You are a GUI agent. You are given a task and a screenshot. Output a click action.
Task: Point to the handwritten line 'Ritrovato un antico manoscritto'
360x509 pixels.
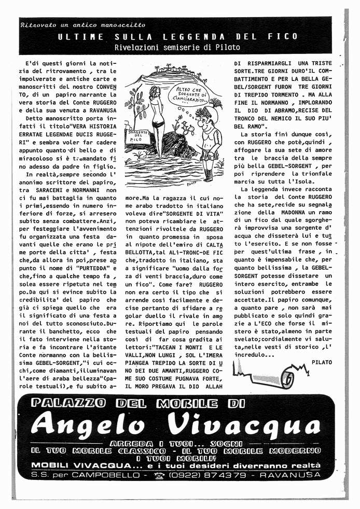pos(83,24)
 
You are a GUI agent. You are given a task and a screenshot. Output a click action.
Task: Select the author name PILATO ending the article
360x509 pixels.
pos(322,362)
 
